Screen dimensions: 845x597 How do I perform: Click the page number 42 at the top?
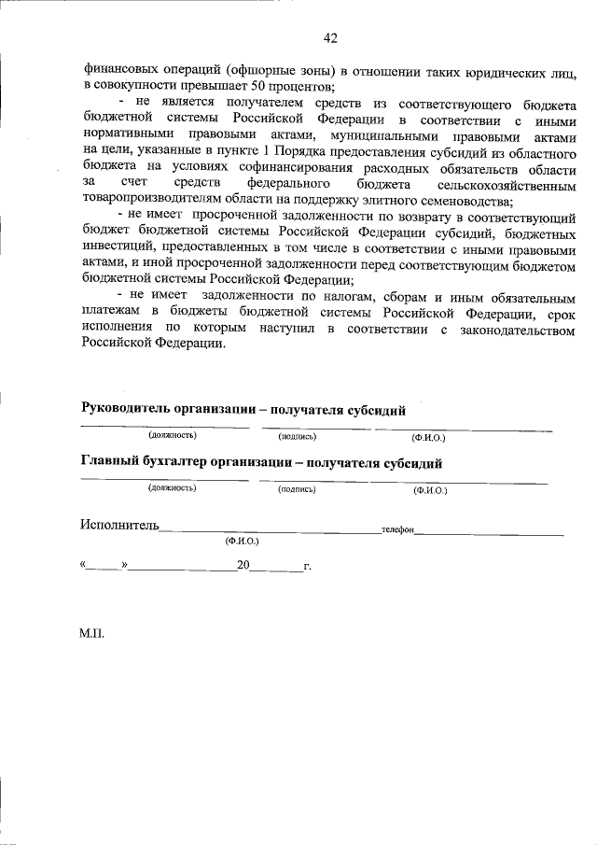tap(329, 37)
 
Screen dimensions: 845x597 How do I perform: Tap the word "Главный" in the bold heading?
tap(111, 463)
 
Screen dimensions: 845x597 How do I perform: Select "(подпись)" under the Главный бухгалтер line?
tap(298, 488)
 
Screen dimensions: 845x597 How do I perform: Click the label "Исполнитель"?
tap(119, 527)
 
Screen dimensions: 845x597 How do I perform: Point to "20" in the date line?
tap(243, 565)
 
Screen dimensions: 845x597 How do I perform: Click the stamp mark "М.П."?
tap(92, 634)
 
